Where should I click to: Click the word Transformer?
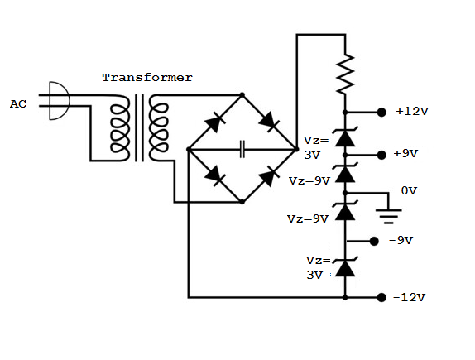(x=147, y=78)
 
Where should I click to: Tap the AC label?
(x=18, y=104)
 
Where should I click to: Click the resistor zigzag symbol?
(x=345, y=74)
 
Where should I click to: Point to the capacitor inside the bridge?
(x=242, y=149)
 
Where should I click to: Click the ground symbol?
(x=389, y=216)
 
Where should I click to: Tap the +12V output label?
(x=412, y=112)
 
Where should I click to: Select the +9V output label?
(x=405, y=154)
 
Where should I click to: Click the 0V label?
(x=409, y=190)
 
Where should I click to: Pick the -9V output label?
(x=401, y=241)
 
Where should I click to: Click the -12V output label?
(x=409, y=297)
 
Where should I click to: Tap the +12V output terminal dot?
(x=381, y=113)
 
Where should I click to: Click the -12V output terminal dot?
(x=381, y=298)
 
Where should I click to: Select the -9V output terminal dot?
(x=374, y=241)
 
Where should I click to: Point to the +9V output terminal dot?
(x=381, y=155)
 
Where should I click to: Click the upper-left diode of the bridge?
(x=215, y=122)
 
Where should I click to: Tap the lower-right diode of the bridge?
(x=269, y=176)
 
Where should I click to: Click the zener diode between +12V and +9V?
(x=345, y=137)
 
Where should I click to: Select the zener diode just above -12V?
(x=345, y=266)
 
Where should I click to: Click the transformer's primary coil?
(x=120, y=128)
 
